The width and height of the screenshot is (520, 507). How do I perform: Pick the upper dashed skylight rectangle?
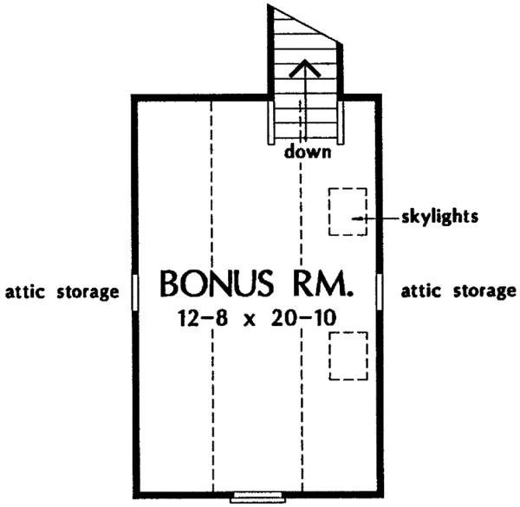point(347,211)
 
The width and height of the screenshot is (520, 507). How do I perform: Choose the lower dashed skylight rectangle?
point(348,355)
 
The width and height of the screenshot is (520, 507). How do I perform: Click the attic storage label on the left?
point(61,291)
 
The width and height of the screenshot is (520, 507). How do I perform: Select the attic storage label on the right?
point(458,291)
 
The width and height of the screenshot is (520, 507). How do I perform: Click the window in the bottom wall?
point(258,497)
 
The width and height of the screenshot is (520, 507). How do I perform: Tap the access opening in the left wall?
point(135,291)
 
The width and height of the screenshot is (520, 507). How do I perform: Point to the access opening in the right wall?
point(381,291)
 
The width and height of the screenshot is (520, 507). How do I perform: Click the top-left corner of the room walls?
point(134,96)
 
